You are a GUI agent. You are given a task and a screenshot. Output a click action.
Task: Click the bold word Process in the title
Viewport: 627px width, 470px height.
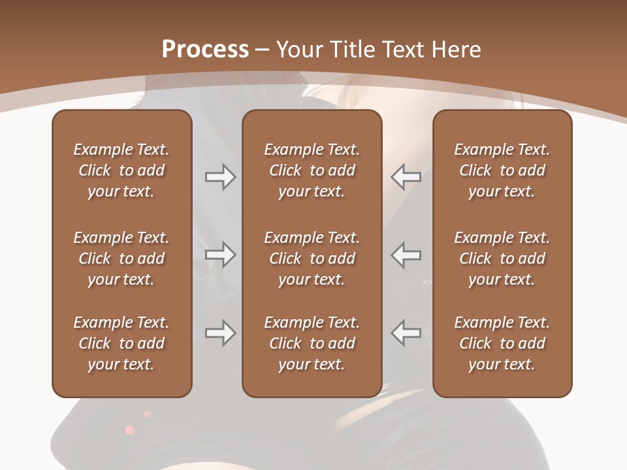coord(205,50)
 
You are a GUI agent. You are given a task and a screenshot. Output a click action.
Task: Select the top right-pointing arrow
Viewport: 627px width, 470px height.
coord(221,177)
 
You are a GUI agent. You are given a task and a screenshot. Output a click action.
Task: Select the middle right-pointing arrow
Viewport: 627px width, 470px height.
coord(221,255)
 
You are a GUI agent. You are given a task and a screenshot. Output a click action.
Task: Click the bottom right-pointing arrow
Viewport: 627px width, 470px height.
coord(221,333)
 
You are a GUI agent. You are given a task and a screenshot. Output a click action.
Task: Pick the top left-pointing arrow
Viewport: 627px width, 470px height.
coord(406,177)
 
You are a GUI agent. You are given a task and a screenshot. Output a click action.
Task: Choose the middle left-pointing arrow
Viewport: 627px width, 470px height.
coord(406,255)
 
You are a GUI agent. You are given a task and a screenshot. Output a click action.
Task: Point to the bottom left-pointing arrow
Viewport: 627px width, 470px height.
coord(406,333)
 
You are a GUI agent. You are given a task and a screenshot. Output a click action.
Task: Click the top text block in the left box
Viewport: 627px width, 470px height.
coord(121,170)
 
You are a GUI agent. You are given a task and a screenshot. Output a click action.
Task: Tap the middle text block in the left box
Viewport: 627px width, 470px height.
coord(121,258)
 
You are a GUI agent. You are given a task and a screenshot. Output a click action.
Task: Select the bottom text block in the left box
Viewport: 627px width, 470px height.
coord(121,343)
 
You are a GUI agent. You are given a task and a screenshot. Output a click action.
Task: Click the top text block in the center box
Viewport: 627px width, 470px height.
coord(312,170)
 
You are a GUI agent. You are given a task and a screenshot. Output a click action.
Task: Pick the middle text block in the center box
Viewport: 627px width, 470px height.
coord(312,258)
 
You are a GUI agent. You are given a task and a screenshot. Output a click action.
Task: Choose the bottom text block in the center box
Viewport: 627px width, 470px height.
coord(312,343)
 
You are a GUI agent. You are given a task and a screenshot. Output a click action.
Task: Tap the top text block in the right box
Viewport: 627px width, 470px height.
coord(502,170)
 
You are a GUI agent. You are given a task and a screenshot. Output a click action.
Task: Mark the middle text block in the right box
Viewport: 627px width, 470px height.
coord(502,258)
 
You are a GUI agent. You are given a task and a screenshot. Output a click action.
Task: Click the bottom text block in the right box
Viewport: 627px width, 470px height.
coord(502,343)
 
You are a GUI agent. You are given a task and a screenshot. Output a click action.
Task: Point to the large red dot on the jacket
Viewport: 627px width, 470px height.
coord(130,430)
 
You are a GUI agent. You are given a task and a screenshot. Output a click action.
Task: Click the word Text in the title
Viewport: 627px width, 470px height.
coord(403,50)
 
